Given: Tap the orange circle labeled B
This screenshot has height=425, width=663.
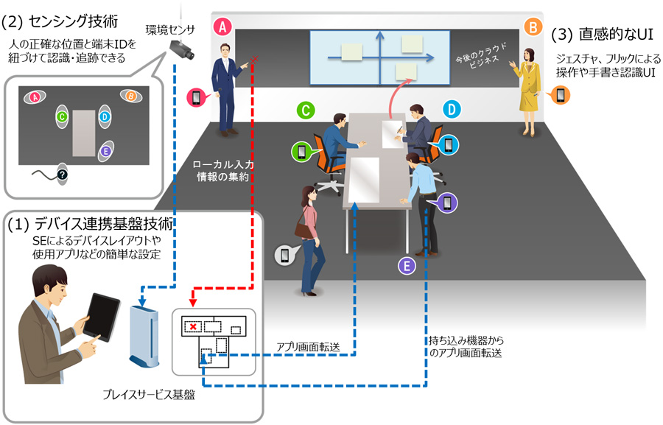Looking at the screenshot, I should (x=532, y=28).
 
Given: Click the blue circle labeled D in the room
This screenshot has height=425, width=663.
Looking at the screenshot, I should (x=452, y=110).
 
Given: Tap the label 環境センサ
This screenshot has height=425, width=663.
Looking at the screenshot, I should (x=170, y=29).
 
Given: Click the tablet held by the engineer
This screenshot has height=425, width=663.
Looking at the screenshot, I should (x=102, y=315).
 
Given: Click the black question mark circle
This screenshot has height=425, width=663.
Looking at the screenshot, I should (x=62, y=174).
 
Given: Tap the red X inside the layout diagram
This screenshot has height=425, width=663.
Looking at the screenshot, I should (x=193, y=325).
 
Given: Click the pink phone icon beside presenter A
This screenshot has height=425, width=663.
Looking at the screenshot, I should (x=197, y=97).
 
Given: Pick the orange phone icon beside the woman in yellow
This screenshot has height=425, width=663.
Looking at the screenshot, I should (x=561, y=95).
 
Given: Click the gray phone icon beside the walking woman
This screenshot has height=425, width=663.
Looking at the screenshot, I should (x=285, y=255).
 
